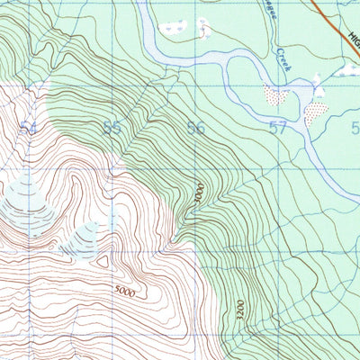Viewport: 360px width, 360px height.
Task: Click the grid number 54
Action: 29,129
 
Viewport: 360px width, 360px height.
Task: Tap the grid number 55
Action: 112,128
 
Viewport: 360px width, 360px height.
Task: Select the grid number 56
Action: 195,128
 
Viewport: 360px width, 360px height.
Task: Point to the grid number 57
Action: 278,128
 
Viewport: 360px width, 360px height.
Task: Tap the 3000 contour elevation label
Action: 199,197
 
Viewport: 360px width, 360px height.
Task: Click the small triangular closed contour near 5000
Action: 105,261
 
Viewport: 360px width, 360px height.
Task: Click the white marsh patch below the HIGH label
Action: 346,69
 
